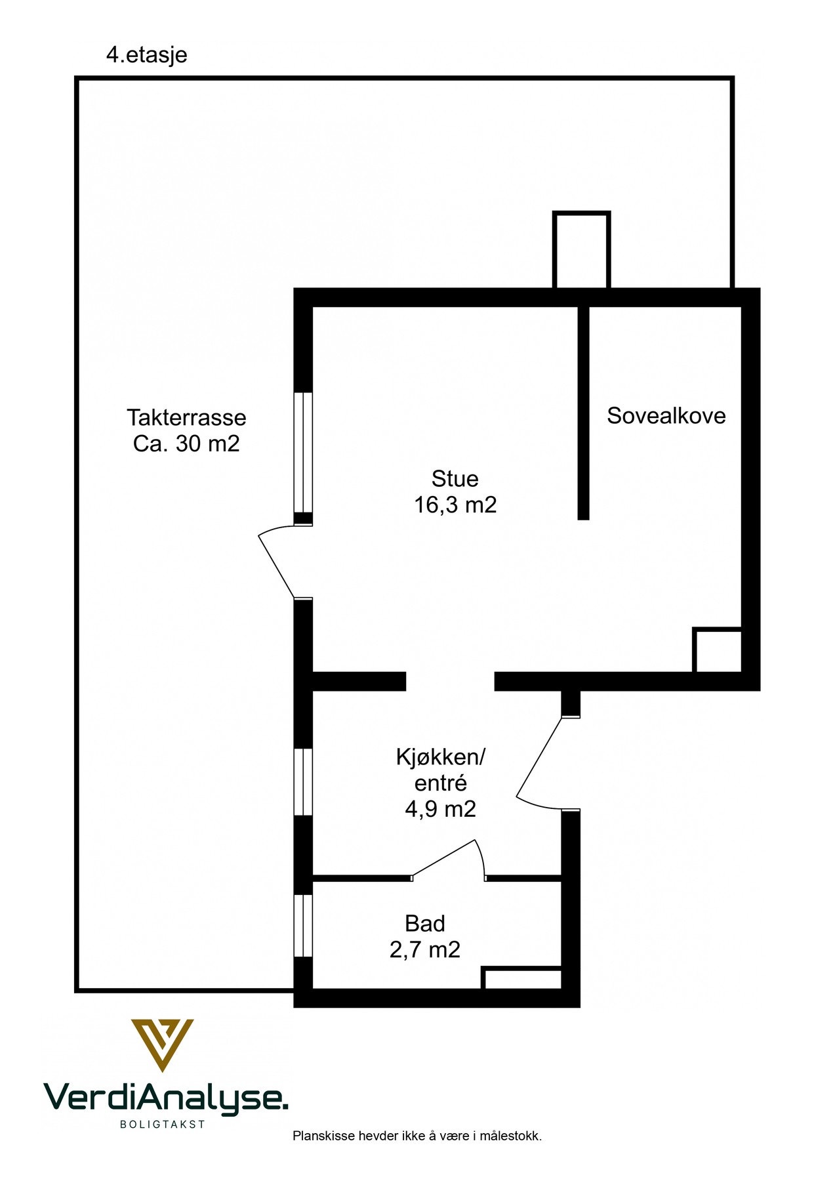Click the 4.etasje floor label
pos(146,54)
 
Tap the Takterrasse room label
pos(186,417)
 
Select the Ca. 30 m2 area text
pos(186,444)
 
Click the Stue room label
pos(455,478)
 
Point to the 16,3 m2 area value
pos(455,505)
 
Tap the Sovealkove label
pos(666,415)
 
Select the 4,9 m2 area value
pos(440,809)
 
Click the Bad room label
pos(425,923)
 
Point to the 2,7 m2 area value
pos(425,949)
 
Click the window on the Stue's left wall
pos(303,453)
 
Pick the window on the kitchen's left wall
pos(303,782)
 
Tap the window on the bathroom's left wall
pos(303,926)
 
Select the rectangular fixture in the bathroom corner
pos(522,978)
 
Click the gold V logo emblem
pos(162,1044)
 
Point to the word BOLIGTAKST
pos(163,1124)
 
